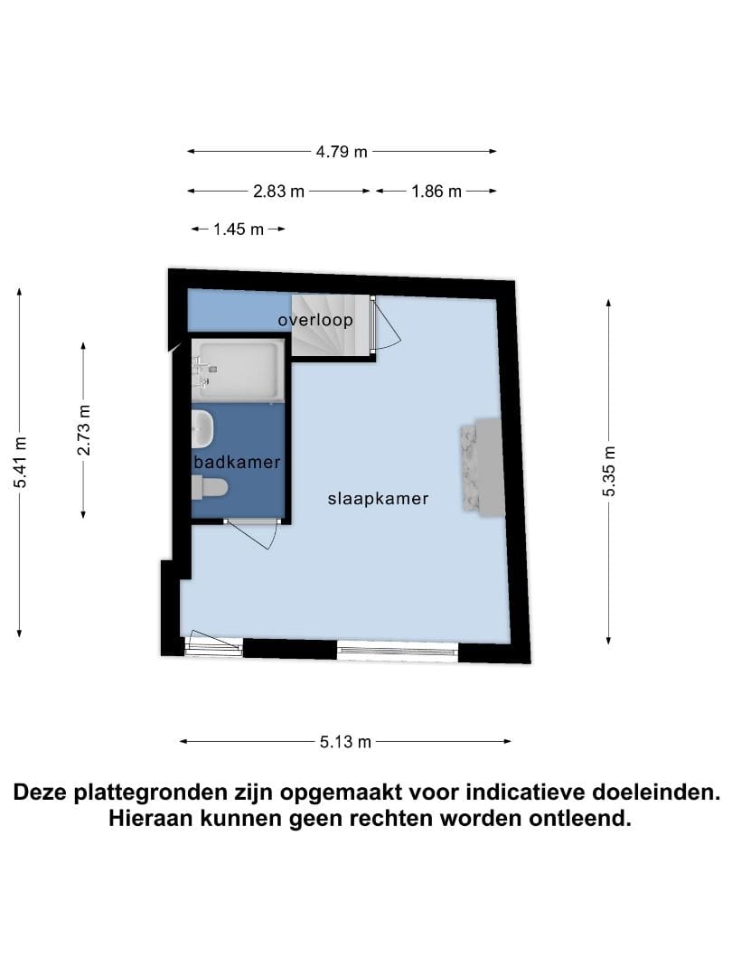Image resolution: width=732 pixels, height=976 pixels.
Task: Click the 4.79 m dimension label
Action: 342,152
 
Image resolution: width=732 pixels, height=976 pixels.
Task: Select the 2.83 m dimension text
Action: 278,191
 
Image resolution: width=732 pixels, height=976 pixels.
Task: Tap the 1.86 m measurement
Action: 436,191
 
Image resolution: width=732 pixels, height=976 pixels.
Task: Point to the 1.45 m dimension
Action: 239,230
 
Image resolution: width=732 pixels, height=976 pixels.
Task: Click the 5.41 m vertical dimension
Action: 20,462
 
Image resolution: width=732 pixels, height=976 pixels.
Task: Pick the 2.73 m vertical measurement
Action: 83,429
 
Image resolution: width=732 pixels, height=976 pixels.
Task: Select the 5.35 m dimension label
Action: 610,471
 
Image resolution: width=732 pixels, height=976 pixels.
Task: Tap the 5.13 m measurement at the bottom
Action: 345,742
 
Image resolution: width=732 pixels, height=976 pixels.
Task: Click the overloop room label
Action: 314,320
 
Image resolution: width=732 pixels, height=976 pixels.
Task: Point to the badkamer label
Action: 238,462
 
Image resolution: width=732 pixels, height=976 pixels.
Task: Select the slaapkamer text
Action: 378,498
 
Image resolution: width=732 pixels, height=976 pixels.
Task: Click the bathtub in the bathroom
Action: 239,371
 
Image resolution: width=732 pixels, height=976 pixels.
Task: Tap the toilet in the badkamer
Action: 209,488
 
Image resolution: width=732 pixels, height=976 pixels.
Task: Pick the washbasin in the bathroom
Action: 202,429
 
